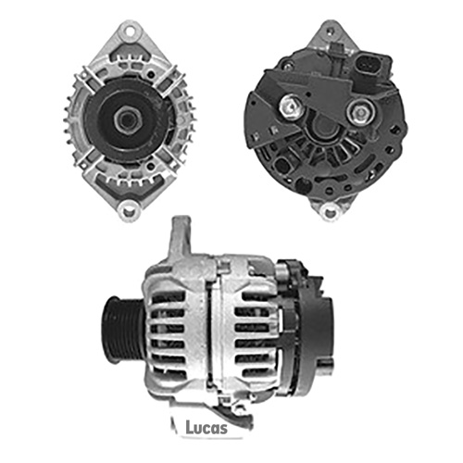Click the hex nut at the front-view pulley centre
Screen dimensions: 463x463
pos(128,119)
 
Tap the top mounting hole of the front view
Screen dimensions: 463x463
pos(130,31)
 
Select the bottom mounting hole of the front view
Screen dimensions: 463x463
pos(128,211)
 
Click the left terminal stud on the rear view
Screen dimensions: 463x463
pos(291,106)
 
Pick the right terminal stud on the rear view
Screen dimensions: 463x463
pos(360,113)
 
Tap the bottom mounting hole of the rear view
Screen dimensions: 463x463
pos(329,212)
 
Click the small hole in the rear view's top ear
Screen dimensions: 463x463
pos(331,31)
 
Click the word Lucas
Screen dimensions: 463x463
pos(206,427)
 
